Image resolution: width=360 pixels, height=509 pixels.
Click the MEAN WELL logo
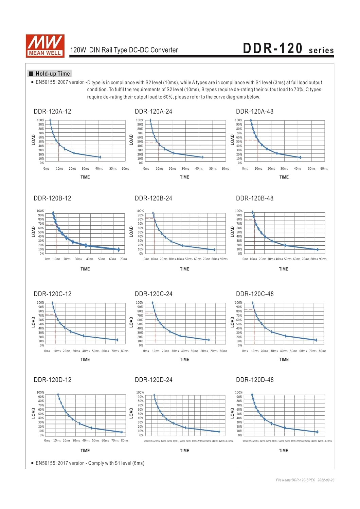click(45, 45)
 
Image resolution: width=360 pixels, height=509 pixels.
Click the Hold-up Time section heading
click(53, 74)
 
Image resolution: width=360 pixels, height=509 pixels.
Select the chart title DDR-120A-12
click(52, 111)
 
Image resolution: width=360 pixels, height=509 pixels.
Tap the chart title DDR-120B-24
click(154, 198)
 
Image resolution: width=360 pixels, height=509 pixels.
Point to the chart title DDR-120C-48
click(255, 294)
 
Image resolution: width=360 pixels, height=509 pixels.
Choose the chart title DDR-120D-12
click(53, 380)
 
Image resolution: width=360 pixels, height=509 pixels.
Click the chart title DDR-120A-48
click(255, 111)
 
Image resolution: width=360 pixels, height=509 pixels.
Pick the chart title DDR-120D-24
click(154, 380)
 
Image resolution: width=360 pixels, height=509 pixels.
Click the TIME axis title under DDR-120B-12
click(85, 269)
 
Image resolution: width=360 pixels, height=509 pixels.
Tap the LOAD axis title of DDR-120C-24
click(131, 322)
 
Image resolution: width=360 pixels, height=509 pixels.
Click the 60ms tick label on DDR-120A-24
click(225, 169)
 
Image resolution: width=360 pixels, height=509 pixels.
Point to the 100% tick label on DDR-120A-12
click(40, 120)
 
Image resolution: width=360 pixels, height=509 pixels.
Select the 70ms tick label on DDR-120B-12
click(124, 259)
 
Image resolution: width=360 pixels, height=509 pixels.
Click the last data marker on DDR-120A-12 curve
click(100, 157)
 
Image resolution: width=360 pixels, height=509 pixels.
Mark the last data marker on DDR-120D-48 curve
click(317, 432)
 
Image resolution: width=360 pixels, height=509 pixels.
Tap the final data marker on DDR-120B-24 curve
click(214, 250)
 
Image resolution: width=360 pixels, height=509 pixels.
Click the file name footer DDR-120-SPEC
click(295, 480)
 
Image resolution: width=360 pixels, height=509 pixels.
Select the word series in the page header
click(321, 51)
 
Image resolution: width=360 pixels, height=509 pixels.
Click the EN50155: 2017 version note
click(90, 463)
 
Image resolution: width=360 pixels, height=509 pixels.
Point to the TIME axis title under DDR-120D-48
click(284, 451)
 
